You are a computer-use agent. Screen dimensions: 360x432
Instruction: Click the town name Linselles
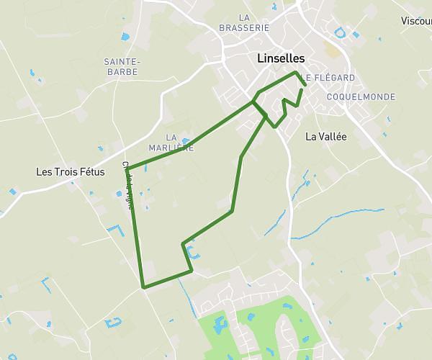(281, 58)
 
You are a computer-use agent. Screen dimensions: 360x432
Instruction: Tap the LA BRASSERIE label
(244, 22)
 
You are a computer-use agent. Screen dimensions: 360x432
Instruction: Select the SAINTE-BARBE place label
(122, 66)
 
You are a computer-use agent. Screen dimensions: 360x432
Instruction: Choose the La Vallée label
(326, 135)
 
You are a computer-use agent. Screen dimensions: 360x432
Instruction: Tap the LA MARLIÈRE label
(171, 142)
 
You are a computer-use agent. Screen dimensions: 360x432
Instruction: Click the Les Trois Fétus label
(71, 172)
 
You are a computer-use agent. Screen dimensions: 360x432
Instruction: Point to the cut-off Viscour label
(417, 21)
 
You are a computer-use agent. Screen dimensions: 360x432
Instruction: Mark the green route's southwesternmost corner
(144, 287)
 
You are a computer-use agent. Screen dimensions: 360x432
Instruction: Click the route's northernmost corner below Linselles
(296, 72)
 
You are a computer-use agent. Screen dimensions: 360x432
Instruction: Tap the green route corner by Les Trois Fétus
(127, 170)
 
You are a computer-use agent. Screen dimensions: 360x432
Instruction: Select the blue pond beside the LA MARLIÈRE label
(186, 141)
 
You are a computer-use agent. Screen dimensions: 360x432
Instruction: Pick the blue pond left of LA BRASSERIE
(125, 36)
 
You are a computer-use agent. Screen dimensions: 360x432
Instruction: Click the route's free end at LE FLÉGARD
(306, 86)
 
